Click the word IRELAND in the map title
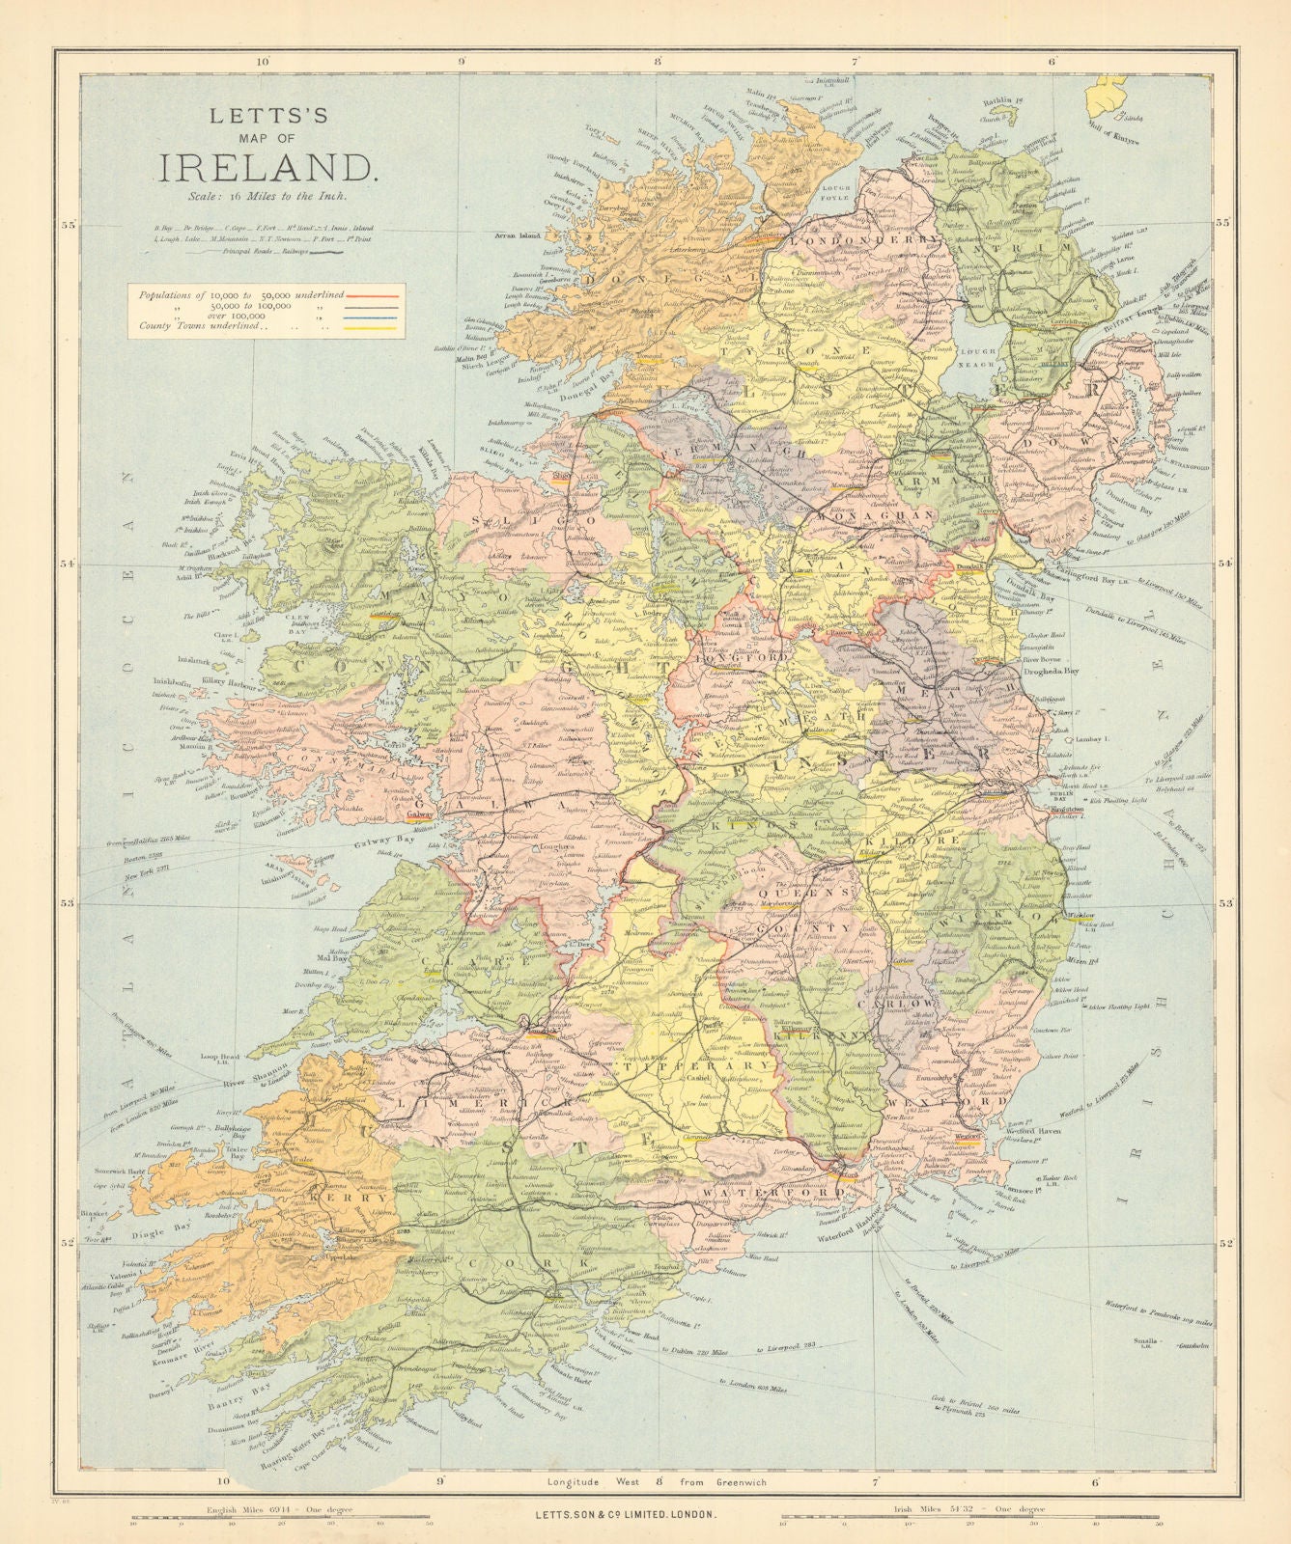click(267, 168)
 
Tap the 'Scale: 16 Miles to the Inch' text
click(267, 197)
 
